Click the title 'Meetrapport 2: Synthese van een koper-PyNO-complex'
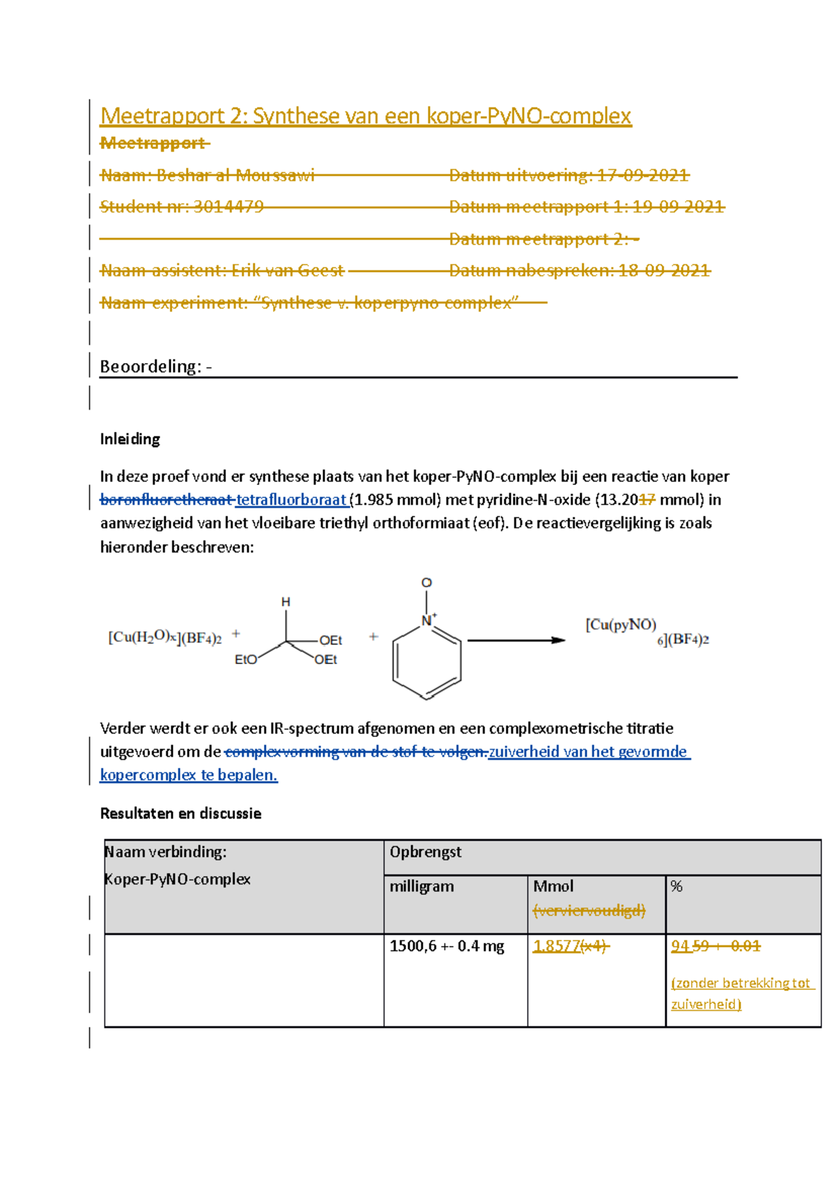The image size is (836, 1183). coord(365,116)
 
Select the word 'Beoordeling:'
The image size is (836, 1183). coord(150,366)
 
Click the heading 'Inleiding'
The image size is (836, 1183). coord(130,439)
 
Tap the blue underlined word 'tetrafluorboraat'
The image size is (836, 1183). coord(291,500)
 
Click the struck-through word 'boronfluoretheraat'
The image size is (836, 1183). coord(166,500)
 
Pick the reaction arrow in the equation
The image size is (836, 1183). coord(516,640)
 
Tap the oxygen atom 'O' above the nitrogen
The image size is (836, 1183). coord(426,582)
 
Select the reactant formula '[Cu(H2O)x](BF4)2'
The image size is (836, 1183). coord(164,637)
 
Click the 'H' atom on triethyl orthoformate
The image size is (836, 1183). coord(286,602)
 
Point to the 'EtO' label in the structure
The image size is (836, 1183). coord(246,660)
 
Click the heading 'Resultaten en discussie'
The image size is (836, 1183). coord(180,813)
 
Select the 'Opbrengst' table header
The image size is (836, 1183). coord(426,852)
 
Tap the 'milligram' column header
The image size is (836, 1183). coord(421,886)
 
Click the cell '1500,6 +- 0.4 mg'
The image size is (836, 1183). coord(447,946)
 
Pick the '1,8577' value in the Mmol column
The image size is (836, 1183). coord(557,946)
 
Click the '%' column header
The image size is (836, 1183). coord(676,886)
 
